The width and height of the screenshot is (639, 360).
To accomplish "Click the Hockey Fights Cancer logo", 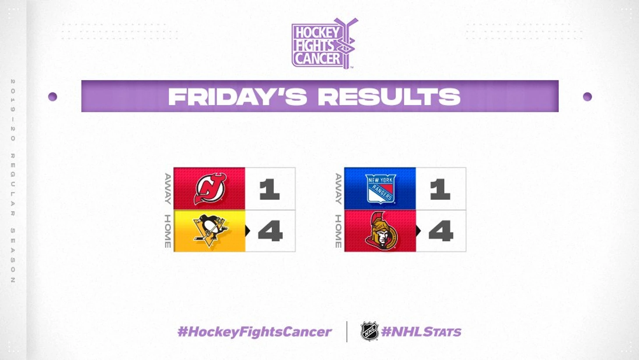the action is (324, 43).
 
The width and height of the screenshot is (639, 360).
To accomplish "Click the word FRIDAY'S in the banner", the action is (238, 96).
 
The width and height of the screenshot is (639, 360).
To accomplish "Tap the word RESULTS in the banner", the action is (389, 96).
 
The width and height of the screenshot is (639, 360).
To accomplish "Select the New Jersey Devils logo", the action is (210, 189).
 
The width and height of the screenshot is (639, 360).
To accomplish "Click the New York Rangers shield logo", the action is (380, 189).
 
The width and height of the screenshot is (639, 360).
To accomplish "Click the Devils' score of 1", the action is (269, 189).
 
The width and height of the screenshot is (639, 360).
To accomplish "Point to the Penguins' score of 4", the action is (270, 231).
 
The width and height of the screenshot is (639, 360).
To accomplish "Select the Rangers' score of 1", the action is (440, 189).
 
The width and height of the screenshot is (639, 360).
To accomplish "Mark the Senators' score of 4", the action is (441, 231).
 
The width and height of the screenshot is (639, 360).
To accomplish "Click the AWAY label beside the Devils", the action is (168, 189).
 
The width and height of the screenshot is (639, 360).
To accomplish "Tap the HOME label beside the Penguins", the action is (168, 231).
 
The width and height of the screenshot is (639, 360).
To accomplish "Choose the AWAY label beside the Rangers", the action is (338, 189).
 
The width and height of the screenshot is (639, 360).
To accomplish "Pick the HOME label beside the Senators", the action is (338, 231).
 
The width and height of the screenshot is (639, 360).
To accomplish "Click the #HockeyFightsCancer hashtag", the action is (254, 332).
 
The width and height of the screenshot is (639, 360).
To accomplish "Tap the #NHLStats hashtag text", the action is (421, 332).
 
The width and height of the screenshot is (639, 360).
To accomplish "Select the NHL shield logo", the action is (369, 331).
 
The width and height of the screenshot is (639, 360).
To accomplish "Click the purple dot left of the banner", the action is (53, 97).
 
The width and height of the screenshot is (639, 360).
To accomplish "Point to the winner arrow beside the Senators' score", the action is (418, 231).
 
